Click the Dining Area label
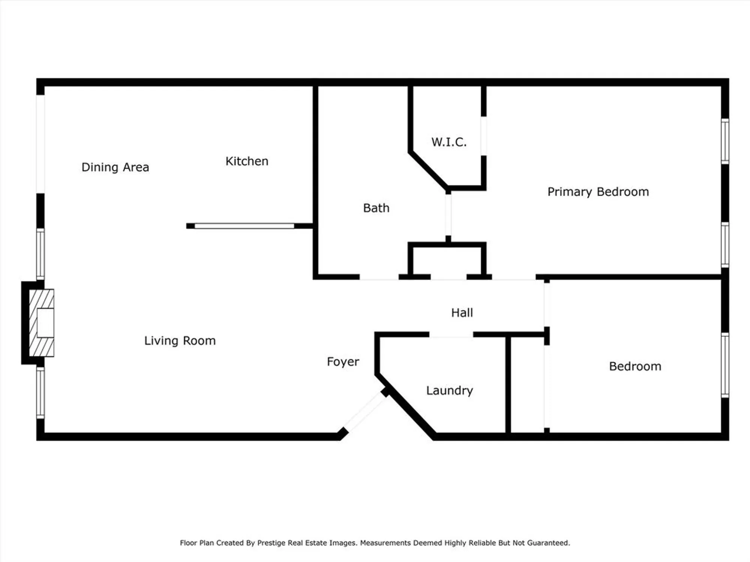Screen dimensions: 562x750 point(115,167)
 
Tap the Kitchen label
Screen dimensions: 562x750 point(247,161)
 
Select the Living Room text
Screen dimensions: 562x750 point(180,341)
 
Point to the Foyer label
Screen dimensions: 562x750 point(343,362)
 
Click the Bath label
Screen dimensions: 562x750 point(376,208)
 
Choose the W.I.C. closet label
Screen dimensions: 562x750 point(449,142)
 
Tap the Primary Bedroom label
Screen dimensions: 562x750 point(598,192)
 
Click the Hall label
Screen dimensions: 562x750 point(462,312)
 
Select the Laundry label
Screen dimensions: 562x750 point(449,390)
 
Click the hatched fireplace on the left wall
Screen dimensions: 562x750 point(42,323)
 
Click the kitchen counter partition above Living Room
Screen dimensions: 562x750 point(244,226)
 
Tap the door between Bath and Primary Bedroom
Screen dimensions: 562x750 point(448,215)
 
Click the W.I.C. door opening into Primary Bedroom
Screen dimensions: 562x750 point(484,136)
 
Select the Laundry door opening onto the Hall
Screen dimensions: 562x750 point(451,335)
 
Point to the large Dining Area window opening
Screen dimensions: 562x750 point(40,144)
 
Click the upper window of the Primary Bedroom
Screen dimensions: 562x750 point(725,141)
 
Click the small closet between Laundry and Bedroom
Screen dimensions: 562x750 point(527,384)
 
